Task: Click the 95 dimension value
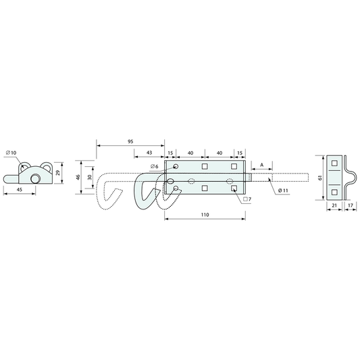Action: pyautogui.click(x=130, y=141)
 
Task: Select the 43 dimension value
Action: pyautogui.click(x=149, y=153)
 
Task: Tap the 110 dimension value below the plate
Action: pyautogui.click(x=205, y=215)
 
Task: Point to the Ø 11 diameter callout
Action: pyautogui.click(x=283, y=190)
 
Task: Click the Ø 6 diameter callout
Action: pyautogui.click(x=154, y=166)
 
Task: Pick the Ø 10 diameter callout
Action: pyautogui.click(x=11, y=153)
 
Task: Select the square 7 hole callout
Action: pyautogui.click(x=247, y=199)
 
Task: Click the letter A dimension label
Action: pyautogui.click(x=262, y=165)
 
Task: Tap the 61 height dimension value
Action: pyautogui.click(x=320, y=178)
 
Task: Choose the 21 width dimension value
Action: pyautogui.click(x=334, y=205)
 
